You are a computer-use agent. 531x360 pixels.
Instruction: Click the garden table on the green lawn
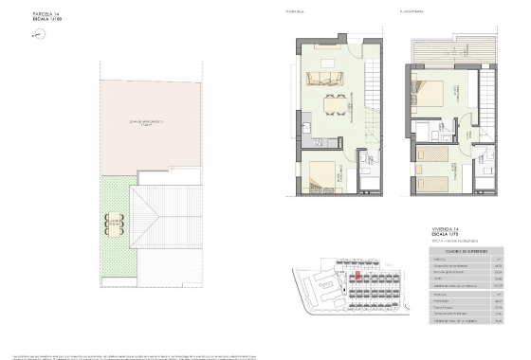pyautogui.click(x=115, y=225)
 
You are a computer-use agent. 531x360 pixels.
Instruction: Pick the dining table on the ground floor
pyautogui.click(x=333, y=104)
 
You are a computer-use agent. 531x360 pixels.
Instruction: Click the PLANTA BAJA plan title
pyautogui.click(x=305, y=11)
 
